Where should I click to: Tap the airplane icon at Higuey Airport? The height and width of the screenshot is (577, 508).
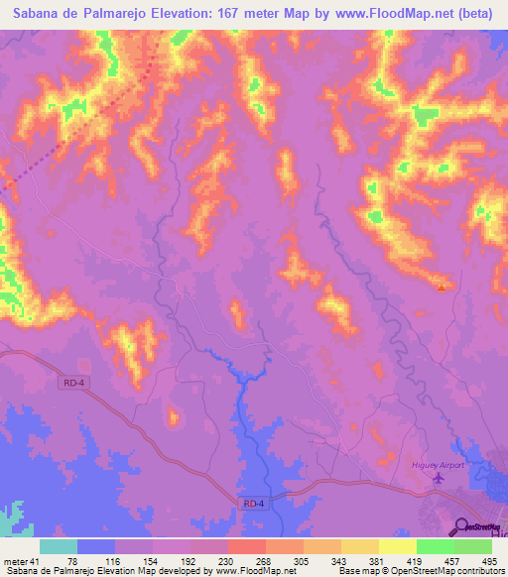[x=439, y=478]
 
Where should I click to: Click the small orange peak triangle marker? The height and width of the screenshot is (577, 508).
[x=442, y=288]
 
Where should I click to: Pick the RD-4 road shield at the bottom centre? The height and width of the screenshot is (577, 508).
[x=253, y=505]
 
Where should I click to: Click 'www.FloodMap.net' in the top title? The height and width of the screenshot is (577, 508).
[x=372, y=15]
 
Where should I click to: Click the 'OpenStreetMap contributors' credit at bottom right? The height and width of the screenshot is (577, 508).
[x=453, y=572]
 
